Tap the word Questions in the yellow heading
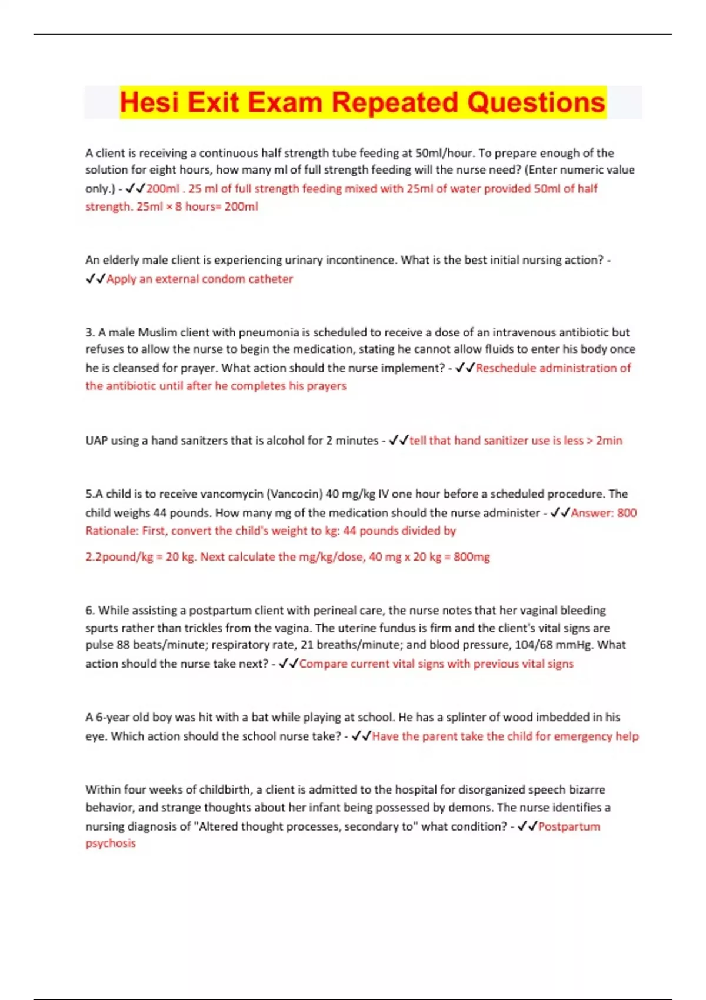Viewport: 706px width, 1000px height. tap(536, 102)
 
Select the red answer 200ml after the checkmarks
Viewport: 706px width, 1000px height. tap(163, 189)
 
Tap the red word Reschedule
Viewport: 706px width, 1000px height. tap(506, 368)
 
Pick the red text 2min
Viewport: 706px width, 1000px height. tap(609, 441)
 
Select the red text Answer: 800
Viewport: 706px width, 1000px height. tap(604, 513)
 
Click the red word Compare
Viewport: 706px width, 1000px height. tap(323, 664)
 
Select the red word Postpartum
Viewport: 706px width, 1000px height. tap(569, 826)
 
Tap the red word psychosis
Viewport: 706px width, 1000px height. tap(111, 844)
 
